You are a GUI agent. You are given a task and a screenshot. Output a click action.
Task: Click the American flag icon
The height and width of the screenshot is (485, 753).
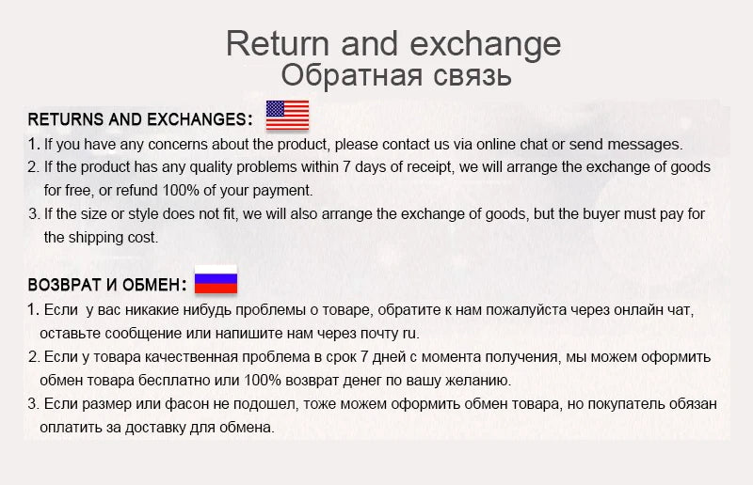[x=287, y=115]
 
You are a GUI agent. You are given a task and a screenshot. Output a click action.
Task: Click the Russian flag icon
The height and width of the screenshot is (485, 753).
[x=216, y=280]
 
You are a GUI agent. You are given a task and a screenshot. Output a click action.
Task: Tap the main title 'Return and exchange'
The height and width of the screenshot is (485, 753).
[x=393, y=43]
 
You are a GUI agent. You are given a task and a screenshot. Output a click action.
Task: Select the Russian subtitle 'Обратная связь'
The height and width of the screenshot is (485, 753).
[x=395, y=75]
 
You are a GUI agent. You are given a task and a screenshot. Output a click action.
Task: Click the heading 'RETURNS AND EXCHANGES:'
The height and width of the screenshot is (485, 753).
[x=140, y=120]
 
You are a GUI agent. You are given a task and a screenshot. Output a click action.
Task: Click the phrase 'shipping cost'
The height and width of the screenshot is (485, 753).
[x=116, y=238]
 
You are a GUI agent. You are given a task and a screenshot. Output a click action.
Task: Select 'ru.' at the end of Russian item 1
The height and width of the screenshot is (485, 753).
[x=410, y=333]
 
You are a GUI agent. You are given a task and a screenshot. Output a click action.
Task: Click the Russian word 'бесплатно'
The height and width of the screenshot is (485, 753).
[x=163, y=381]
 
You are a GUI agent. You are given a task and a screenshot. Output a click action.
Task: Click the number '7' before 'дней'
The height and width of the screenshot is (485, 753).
[x=359, y=357]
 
